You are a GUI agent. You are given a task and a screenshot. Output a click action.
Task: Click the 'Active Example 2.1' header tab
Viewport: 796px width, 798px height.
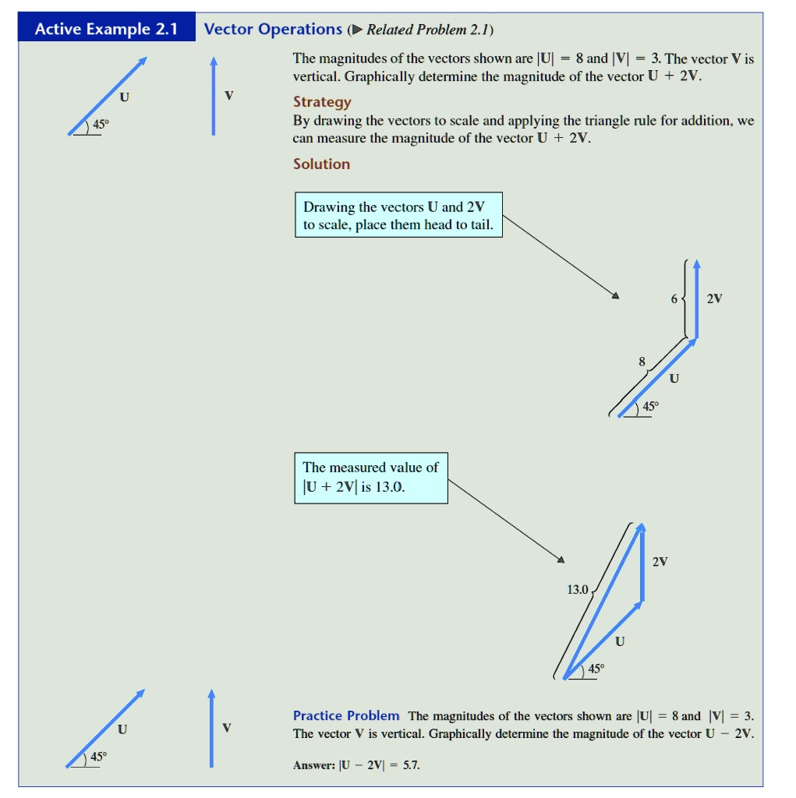[x=106, y=30]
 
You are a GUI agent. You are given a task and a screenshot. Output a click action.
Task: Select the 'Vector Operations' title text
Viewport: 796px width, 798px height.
[x=273, y=30]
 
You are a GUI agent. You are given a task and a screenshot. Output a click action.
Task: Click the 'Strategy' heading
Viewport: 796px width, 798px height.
[x=322, y=102]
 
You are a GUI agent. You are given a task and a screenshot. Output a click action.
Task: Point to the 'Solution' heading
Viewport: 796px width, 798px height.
[x=321, y=164]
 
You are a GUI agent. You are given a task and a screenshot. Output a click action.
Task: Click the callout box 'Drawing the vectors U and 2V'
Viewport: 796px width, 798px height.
[x=398, y=216]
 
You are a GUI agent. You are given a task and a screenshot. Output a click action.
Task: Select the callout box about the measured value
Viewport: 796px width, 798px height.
[x=370, y=478]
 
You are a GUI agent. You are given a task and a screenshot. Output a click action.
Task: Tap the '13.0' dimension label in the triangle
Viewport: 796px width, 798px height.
[x=577, y=589]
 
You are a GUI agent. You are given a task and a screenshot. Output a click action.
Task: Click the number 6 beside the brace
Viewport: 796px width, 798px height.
[x=674, y=298]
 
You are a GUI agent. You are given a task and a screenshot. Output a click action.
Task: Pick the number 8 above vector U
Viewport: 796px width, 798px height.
[x=642, y=362]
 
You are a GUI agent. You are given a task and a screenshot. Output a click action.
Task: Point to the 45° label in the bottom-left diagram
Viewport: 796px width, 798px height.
[x=99, y=757]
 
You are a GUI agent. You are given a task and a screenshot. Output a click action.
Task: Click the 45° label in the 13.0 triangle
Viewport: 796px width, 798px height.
[x=596, y=669]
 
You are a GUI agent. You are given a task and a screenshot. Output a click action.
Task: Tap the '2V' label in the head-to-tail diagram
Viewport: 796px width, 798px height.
[x=714, y=298]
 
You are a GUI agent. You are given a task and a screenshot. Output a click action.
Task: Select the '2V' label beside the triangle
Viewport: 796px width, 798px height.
[x=660, y=561]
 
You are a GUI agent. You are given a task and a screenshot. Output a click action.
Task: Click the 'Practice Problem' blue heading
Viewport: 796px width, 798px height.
[x=346, y=715]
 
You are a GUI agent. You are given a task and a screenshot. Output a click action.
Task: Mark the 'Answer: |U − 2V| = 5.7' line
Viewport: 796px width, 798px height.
[x=356, y=765]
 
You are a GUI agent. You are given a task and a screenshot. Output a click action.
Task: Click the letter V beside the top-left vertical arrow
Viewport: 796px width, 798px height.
[x=228, y=96]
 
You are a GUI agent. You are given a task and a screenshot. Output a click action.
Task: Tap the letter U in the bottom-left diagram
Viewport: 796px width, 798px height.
[x=122, y=729]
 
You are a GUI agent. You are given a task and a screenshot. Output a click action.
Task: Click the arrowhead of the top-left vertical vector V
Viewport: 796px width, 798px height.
[x=212, y=62]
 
